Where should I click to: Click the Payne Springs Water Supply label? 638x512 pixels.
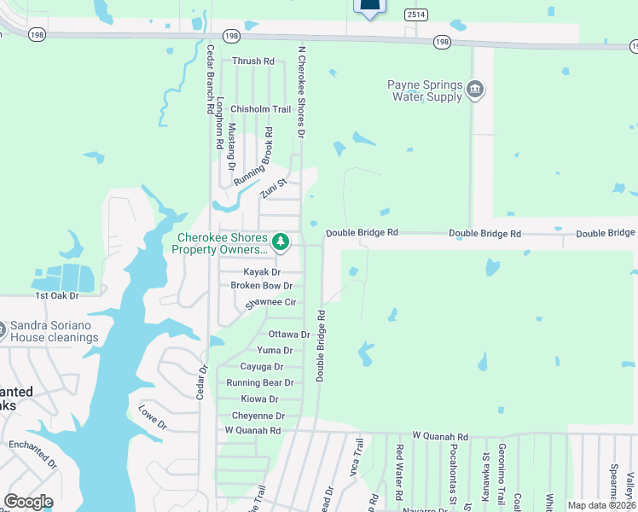(425, 90)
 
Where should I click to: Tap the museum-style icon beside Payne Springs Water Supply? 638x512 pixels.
(476, 89)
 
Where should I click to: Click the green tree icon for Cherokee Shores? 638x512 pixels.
(281, 243)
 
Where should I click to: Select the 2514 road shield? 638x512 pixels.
(416, 15)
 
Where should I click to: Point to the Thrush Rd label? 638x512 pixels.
(253, 61)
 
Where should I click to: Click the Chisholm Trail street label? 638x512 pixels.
(261, 109)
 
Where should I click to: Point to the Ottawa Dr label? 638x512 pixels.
(288, 335)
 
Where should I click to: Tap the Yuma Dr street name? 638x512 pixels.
(275, 351)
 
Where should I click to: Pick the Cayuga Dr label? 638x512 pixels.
(261, 367)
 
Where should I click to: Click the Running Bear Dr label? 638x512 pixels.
(259, 383)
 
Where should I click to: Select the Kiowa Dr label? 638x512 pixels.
(259, 399)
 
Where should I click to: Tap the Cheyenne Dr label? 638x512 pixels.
(257, 416)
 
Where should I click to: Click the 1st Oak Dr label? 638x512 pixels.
(56, 295)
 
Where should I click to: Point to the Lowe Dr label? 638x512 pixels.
(153, 417)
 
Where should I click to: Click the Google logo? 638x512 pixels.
(28, 502)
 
